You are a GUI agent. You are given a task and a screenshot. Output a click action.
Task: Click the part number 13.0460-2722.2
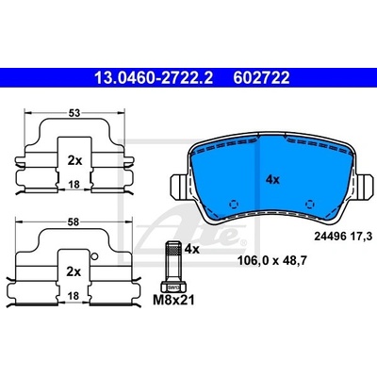154,77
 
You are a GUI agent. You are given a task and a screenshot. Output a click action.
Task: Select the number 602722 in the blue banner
261,77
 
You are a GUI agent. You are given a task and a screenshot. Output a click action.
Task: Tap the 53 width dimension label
74,112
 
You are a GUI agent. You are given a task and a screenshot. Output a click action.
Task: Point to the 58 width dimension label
73,222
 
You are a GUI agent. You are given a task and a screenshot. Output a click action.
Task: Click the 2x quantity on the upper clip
74,161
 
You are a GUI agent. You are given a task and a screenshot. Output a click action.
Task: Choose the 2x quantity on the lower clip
74,271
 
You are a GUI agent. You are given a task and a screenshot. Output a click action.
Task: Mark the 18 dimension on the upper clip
74,185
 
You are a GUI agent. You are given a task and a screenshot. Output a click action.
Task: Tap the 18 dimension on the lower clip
74,296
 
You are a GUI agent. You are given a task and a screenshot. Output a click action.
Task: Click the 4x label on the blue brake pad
272,180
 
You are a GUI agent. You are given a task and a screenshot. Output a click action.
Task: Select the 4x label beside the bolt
192,249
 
